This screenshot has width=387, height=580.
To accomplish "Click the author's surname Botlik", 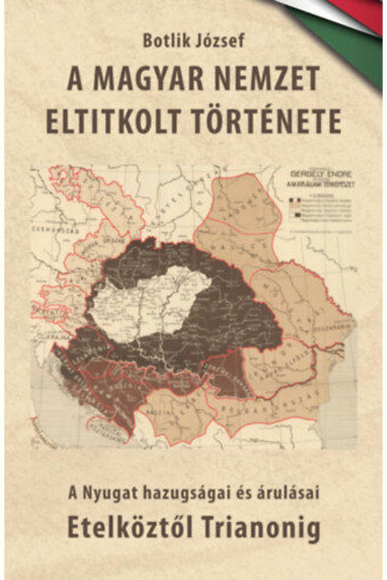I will click(161, 41).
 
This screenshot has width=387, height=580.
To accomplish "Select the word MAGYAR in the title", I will click(144, 80).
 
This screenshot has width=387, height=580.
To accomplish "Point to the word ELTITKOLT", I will click(114, 121).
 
